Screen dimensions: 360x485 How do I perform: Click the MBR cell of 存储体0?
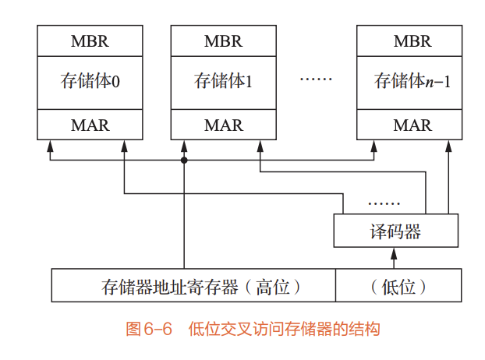90,41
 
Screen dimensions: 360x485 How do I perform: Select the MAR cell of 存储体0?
90,125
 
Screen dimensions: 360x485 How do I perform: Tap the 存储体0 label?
90,81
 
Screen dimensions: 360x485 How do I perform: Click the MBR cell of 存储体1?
224,41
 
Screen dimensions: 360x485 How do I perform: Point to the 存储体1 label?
224,81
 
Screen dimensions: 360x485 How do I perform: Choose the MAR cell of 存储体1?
224,125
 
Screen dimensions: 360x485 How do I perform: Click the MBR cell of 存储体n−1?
412,41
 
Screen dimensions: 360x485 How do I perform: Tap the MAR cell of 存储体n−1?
412,125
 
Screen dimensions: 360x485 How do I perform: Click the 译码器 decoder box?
395,231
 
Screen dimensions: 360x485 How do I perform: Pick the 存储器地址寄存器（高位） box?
193,286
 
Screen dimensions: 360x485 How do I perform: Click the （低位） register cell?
398,286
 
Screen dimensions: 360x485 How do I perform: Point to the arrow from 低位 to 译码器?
395,258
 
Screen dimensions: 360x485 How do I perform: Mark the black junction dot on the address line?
184,160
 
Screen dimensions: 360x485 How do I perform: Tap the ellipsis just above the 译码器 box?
383,204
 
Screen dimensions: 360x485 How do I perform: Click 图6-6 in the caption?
148,329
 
